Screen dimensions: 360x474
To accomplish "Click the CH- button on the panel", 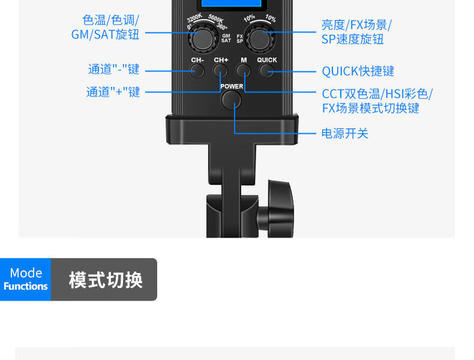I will click(x=197, y=71).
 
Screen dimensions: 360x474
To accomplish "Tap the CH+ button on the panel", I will click(x=221, y=71).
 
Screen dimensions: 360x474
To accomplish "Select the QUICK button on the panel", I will click(x=266, y=71).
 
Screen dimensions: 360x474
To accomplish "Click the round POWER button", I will click(x=231, y=100).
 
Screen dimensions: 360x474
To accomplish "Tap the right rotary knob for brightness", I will click(x=260, y=40).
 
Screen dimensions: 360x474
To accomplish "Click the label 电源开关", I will click(x=345, y=133).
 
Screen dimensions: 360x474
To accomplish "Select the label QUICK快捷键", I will click(x=358, y=71).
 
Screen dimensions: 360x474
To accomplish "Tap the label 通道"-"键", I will click(x=114, y=69).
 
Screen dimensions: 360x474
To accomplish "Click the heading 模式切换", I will click(x=106, y=280).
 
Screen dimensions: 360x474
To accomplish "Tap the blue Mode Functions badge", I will click(x=26, y=280).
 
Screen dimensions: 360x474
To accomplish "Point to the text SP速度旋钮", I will click(x=352, y=40).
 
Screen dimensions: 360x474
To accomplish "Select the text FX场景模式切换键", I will click(x=370, y=108).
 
